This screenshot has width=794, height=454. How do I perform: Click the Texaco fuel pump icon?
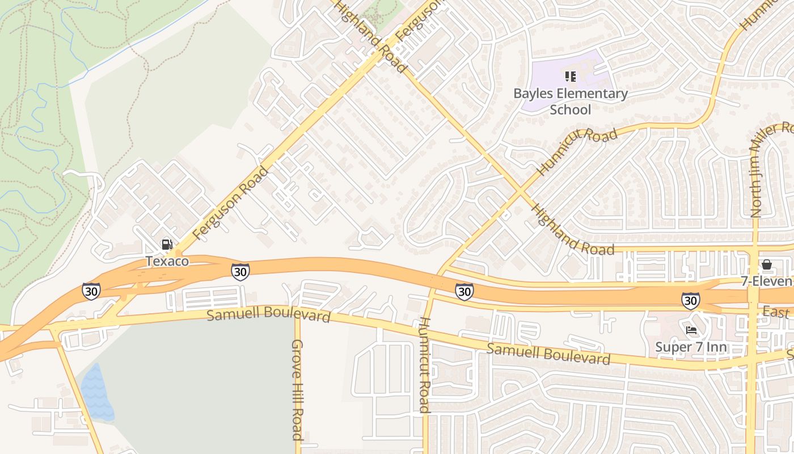pyautogui.click(x=167, y=245)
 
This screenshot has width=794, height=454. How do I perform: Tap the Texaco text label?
pyautogui.click(x=167, y=261)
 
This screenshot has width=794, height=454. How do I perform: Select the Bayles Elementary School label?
pyautogui.click(x=570, y=102)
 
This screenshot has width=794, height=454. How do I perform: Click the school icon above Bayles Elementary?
pyautogui.click(x=570, y=76)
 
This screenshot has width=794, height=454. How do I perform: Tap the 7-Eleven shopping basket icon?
pyautogui.click(x=767, y=264)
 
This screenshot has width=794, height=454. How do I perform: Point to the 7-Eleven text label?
pyautogui.click(x=766, y=281)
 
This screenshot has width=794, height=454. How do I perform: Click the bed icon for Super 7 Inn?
pyautogui.click(x=691, y=330)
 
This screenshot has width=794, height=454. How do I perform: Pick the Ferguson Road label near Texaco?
pyautogui.click(x=230, y=203)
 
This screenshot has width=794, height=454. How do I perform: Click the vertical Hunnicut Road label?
pyautogui.click(x=424, y=364)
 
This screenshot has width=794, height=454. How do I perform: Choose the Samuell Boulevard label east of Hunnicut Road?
pyautogui.click(x=548, y=354)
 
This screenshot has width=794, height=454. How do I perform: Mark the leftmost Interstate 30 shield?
pyautogui.click(x=91, y=291)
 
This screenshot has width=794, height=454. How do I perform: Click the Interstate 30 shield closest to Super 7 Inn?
pyautogui.click(x=690, y=300)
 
